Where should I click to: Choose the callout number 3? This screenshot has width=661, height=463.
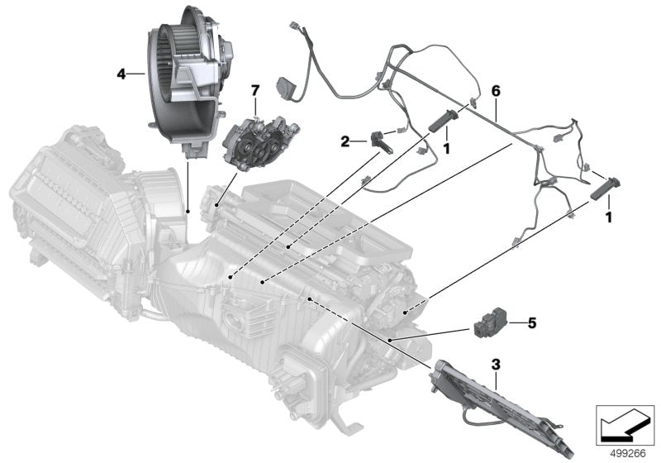click(x=495, y=364)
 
